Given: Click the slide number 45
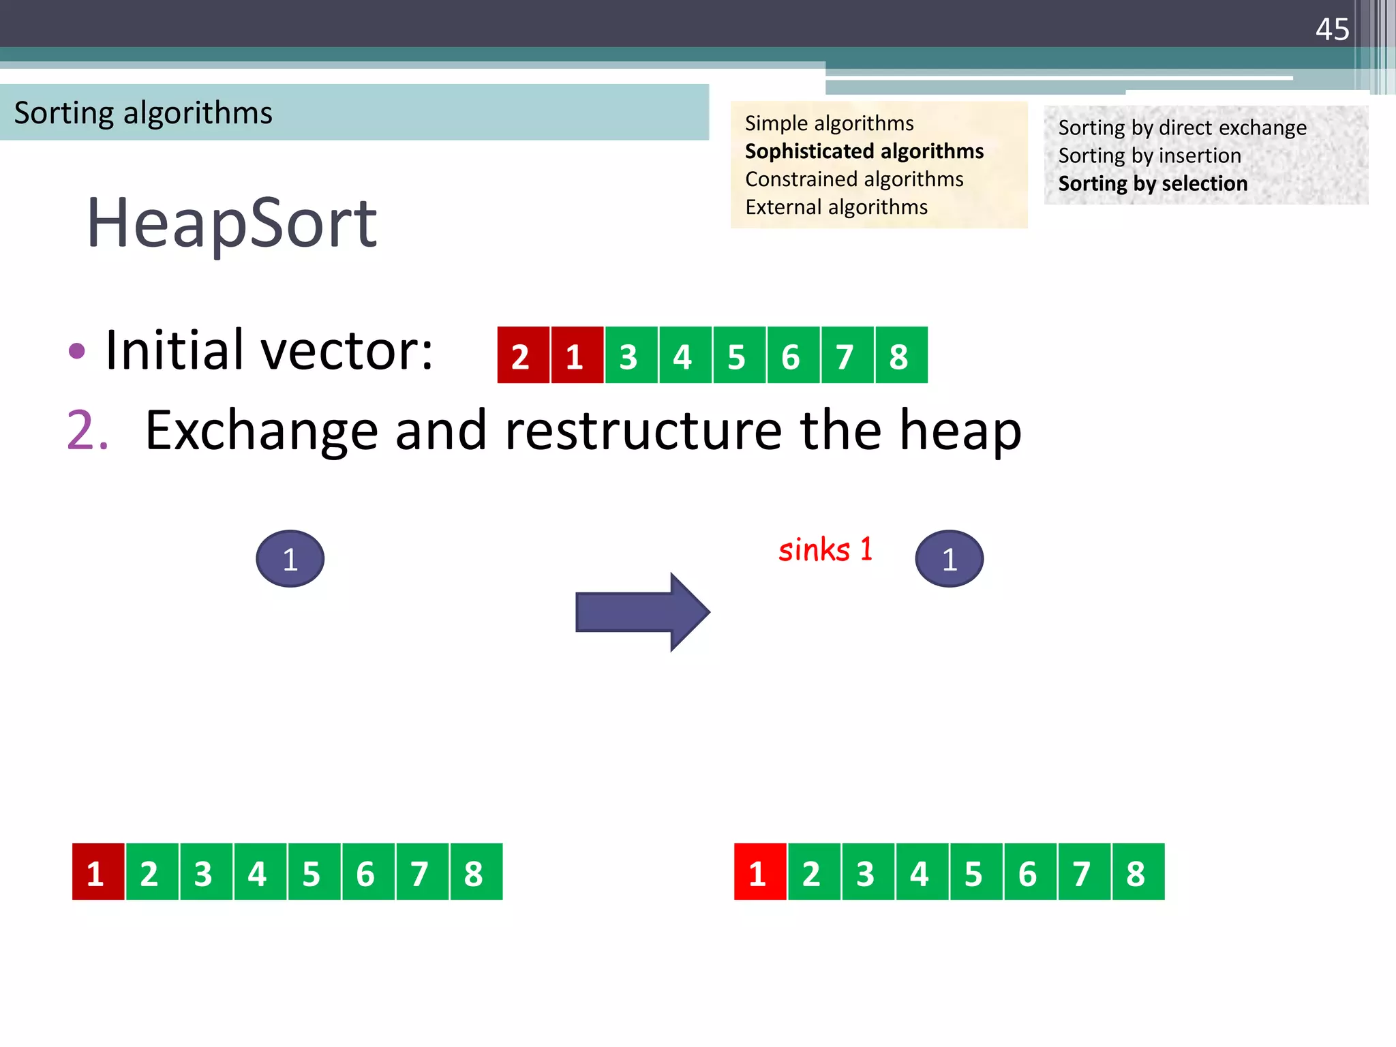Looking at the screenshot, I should tap(1332, 30).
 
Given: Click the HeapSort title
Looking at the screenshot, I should tap(232, 223).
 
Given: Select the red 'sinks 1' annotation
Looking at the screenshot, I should tap(825, 549).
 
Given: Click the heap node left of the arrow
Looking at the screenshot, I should tap(290, 559).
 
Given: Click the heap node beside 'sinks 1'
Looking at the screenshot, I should tap(949, 559).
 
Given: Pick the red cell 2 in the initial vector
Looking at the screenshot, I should tap(522, 355).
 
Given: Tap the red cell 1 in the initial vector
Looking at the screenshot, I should tap(577, 355).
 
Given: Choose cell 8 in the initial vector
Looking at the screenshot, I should tap(900, 355).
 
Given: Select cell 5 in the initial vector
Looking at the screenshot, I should tap(738, 355).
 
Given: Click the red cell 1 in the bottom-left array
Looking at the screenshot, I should tap(97, 872).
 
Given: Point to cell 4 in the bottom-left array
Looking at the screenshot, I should tap(260, 872).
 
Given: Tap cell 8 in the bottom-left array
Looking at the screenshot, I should tap(476, 872).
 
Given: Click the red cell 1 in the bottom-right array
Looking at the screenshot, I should tap(759, 872).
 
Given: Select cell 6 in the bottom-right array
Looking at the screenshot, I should tap(1029, 872).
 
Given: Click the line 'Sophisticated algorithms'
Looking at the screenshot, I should tap(864, 151).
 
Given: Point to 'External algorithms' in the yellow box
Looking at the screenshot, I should tap(836, 207).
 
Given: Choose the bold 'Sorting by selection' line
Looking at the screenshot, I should tap(1152, 183).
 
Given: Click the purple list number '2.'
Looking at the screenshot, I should tap(87, 430).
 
